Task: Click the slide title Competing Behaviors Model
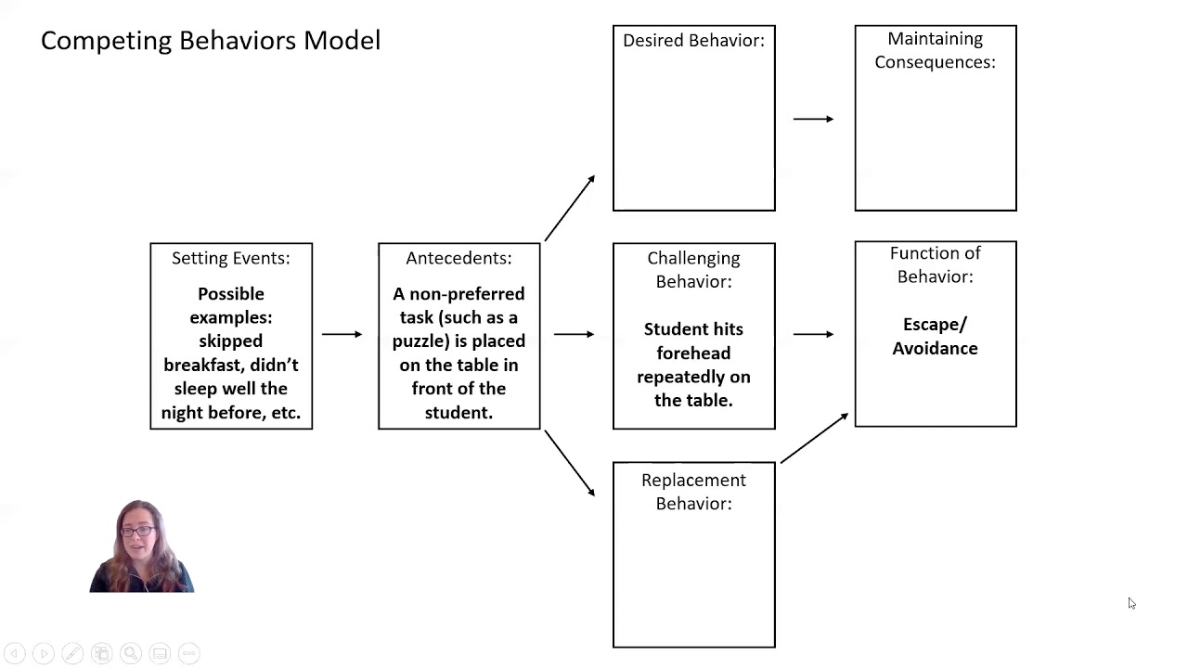click(x=211, y=41)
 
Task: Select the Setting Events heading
click(x=231, y=258)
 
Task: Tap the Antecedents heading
click(x=458, y=258)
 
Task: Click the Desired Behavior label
click(x=693, y=41)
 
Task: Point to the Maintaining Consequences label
click(x=935, y=50)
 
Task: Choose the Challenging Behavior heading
click(x=693, y=269)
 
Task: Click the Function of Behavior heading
click(x=935, y=264)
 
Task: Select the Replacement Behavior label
click(x=693, y=491)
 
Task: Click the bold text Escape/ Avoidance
click(x=935, y=336)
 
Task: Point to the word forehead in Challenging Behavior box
click(x=693, y=353)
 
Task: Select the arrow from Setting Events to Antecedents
click(x=342, y=334)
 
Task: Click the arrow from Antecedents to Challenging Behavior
click(x=575, y=334)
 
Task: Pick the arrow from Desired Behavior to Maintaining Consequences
click(x=813, y=119)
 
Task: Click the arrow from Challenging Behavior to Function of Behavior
click(x=813, y=334)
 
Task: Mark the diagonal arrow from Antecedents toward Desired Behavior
click(x=570, y=208)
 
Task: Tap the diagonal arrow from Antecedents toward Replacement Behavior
click(x=570, y=462)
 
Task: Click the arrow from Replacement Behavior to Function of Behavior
click(x=814, y=437)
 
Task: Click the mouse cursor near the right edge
click(x=1130, y=603)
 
